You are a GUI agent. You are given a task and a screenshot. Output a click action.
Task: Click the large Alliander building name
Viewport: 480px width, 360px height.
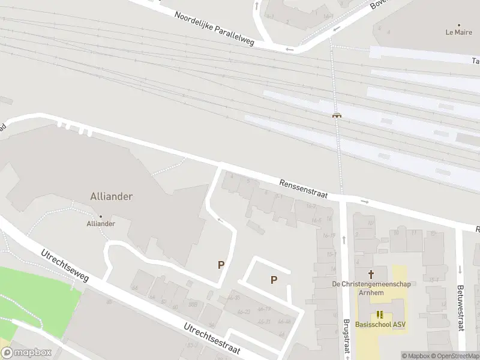coord(111,196)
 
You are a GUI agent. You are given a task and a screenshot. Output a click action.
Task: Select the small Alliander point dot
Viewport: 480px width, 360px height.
coord(101,216)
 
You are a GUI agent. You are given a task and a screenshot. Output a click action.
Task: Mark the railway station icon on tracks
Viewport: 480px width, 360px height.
coord(338,116)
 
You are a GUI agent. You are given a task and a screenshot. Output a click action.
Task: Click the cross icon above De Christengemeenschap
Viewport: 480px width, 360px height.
coord(379,274)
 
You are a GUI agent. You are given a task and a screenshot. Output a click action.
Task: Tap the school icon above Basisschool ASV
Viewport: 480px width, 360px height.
coord(379,314)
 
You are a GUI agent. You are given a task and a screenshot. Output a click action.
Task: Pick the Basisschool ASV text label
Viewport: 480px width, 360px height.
coord(380,325)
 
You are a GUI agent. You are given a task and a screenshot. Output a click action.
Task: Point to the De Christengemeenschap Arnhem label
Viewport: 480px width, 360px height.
coord(372,288)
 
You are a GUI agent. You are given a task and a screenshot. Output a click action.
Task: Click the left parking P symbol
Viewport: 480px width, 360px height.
coord(221,264)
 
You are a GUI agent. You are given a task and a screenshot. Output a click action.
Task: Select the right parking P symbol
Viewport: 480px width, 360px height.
coord(274,279)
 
